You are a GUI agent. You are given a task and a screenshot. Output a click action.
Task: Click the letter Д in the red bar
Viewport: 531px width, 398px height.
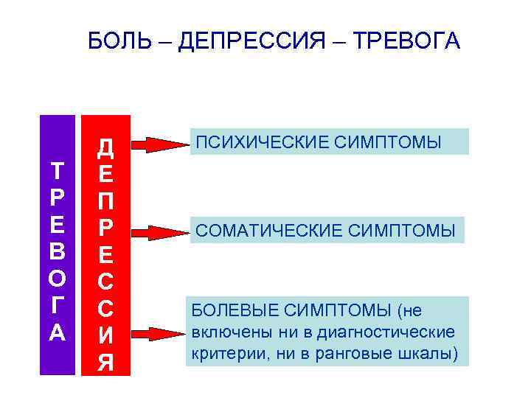[105, 147]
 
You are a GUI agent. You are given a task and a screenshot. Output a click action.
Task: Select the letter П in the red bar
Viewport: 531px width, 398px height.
[105, 200]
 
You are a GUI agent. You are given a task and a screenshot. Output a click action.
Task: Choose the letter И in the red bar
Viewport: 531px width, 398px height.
[105, 335]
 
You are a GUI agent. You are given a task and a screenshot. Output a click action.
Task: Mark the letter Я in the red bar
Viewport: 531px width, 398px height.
[105, 363]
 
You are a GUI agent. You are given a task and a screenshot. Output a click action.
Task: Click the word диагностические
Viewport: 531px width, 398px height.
[392, 332]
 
